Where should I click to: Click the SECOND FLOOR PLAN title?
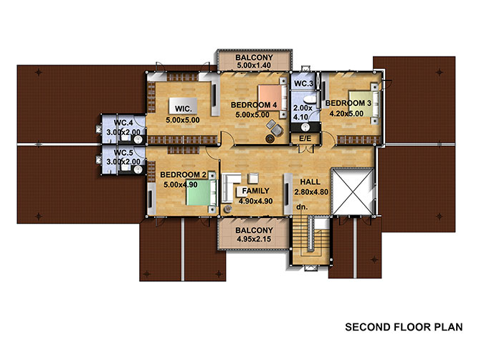[404, 327]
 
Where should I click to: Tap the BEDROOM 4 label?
[254, 105]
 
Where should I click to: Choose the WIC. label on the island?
[184, 108]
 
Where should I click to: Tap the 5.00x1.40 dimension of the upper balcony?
[254, 65]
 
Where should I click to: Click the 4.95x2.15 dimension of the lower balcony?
[254, 239]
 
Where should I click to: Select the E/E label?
[305, 138]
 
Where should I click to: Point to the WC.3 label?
[303, 83]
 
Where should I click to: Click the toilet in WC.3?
[310, 100]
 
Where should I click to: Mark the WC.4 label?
[123, 123]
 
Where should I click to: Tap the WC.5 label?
[123, 152]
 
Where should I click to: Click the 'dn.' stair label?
[302, 207]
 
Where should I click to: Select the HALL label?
[310, 182]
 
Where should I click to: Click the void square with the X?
[353, 191]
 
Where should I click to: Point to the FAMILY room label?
[256, 191]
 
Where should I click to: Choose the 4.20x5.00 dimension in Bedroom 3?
[346, 114]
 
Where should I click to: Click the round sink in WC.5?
[138, 170]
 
